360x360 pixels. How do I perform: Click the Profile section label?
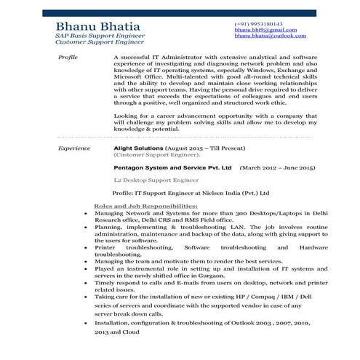pos(67,55)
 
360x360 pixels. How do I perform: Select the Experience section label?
pos(73,148)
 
